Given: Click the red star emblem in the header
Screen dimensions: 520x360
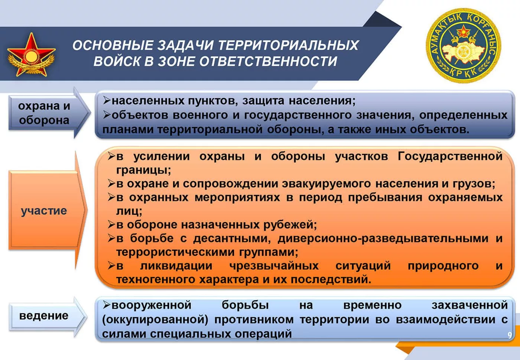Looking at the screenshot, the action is pos(31,56).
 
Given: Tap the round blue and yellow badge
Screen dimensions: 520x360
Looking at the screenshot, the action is pos(464,46).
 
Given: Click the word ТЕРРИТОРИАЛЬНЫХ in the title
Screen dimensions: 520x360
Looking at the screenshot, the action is pos(289,45).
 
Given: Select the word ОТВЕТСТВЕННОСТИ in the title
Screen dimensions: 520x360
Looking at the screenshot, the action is pos(268,62).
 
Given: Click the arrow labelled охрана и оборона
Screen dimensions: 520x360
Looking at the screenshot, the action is pos(49,113).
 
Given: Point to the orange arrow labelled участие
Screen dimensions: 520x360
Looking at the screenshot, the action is pos(48,210).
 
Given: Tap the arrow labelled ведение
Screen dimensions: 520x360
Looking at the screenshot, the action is pos(48,317).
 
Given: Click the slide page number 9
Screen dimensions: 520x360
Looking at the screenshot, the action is pos(510,335).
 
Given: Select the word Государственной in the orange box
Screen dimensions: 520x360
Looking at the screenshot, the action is pos(450,156).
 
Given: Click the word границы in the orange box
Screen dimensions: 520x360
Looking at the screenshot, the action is pos(143,170).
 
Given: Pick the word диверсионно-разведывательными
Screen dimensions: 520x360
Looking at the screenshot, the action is pos(383,239).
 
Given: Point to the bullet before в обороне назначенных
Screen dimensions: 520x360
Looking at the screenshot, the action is pos(111,225).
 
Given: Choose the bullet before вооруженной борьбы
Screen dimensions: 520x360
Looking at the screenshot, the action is pos(106,305).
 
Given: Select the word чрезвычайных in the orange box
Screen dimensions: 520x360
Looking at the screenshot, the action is pos(274,266).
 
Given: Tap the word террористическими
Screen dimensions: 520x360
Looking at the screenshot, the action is pos(175,252).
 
